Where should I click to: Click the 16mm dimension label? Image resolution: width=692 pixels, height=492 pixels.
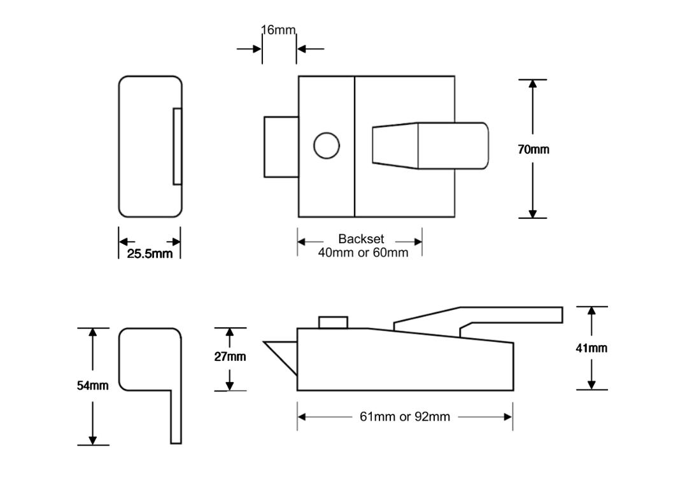coord(278,30)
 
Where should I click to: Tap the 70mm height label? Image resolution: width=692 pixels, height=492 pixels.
coord(533,150)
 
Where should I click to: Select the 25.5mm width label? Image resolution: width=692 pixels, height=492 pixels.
coord(150,255)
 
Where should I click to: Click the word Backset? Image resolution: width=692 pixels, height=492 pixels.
coord(361,239)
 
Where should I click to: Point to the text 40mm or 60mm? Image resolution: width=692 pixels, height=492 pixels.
coord(363,253)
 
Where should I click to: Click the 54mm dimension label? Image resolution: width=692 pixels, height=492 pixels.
coord(93,386)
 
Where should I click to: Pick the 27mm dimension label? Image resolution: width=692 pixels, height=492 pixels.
coord(230,356)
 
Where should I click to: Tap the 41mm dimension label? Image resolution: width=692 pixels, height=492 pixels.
coord(592,348)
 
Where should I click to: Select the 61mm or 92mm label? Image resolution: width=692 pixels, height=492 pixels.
coord(405,418)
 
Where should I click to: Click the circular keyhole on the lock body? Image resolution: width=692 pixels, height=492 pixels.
coord(326,146)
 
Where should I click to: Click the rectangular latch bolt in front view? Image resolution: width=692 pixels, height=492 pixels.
coord(281,146)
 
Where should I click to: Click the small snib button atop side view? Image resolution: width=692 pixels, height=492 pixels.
coord(334,322)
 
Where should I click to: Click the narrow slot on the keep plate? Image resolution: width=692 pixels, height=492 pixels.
coord(178,146)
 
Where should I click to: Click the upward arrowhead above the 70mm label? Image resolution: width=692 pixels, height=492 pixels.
coord(533,85)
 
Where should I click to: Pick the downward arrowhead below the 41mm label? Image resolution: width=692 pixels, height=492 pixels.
coord(592,384)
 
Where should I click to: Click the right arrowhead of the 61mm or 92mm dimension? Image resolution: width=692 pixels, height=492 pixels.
coord(508,418)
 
